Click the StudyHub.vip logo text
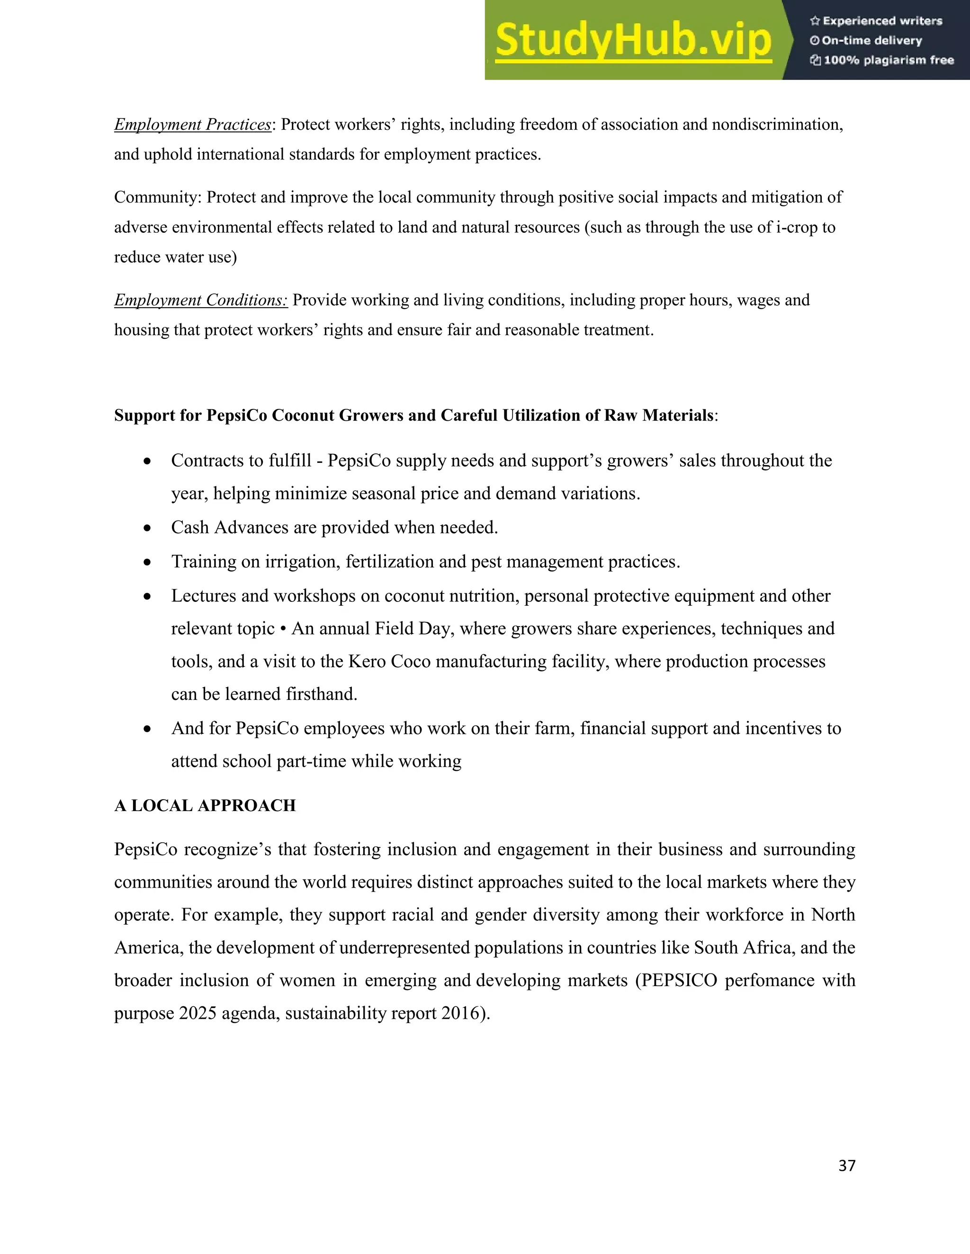tap(633, 40)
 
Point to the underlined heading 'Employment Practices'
tap(192, 124)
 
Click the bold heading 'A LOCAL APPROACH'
tap(205, 805)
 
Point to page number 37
tap(847, 1165)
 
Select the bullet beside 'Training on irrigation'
tap(148, 562)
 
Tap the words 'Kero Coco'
tap(390, 662)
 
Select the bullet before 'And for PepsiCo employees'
tap(148, 729)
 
